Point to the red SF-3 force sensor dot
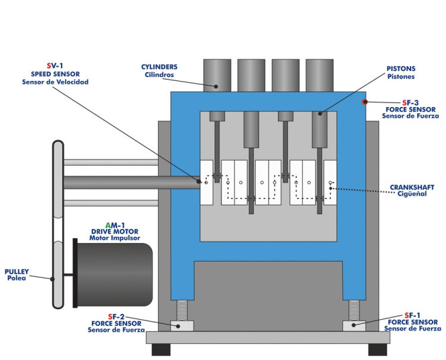click(x=365, y=102)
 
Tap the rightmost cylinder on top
click(x=319, y=74)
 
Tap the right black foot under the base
click(x=378, y=349)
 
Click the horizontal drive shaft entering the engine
click(x=131, y=181)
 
